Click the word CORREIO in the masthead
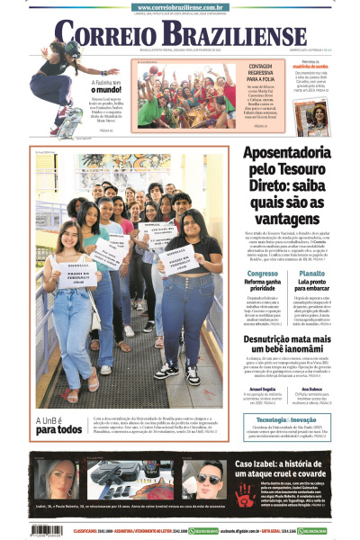[x=101, y=33]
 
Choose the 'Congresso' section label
[x=262, y=273]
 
